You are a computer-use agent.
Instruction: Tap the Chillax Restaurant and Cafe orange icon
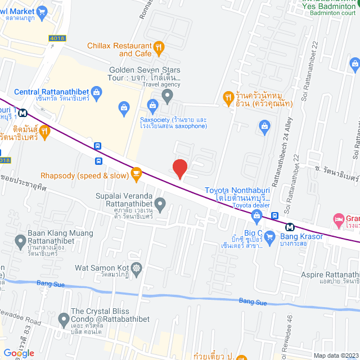[159, 48]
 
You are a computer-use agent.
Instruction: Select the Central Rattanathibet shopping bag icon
[96, 92]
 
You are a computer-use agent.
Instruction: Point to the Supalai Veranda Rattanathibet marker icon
[160, 204]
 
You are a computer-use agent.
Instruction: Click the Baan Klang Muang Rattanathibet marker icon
[21, 242]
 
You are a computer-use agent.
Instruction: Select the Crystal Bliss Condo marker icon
[64, 319]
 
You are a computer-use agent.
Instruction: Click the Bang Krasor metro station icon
[290, 227]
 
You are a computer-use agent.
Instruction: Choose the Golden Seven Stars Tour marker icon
[166, 96]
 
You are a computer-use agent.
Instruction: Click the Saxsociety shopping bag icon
[152, 105]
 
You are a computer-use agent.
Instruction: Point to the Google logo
[18, 353]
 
